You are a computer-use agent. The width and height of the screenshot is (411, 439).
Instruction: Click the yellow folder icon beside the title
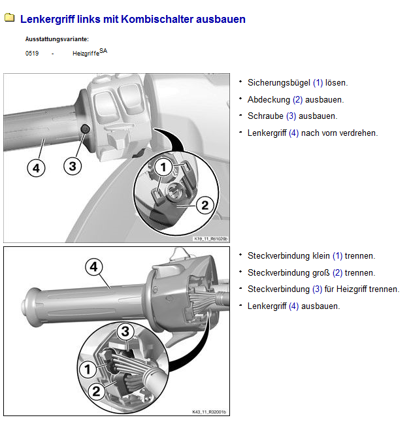pos(9,18)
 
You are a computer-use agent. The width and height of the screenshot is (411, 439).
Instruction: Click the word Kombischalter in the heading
pos(157,19)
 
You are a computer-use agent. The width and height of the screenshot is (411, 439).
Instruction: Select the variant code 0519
pos(32,53)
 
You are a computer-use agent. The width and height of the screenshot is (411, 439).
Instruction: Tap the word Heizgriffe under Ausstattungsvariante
pos(86,53)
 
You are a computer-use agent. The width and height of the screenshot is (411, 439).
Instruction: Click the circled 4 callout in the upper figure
pos(36,168)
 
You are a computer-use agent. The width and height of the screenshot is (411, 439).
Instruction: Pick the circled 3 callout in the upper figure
pos(73,166)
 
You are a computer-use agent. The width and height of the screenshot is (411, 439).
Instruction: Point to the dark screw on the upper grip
pos(85,129)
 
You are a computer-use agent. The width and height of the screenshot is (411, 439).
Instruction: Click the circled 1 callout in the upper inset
pos(163,167)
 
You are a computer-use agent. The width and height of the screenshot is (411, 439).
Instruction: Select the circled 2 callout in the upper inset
pos(205,205)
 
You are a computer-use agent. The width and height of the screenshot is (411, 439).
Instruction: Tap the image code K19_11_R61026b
pos(211,239)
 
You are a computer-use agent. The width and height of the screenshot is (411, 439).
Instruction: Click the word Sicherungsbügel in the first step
pos(279,82)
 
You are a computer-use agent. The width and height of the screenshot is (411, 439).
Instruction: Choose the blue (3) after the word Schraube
pos(291,116)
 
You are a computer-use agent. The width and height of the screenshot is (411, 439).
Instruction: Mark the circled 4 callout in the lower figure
pos(94,267)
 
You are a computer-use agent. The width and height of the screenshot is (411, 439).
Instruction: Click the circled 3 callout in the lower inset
pos(125,331)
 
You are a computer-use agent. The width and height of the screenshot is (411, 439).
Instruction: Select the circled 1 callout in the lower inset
pos(88,369)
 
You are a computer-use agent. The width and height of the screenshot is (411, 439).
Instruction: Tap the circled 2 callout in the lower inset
pos(96,391)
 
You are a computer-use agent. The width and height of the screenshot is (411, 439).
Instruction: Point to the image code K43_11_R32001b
pos(209,412)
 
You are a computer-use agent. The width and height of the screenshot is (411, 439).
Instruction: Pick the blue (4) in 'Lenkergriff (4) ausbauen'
pos(293,306)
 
